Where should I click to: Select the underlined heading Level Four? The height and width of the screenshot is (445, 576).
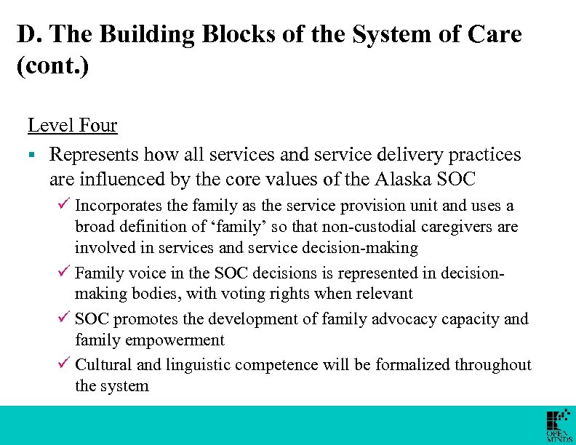pos(72,125)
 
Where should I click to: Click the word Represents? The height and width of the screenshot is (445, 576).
pos(94,155)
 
